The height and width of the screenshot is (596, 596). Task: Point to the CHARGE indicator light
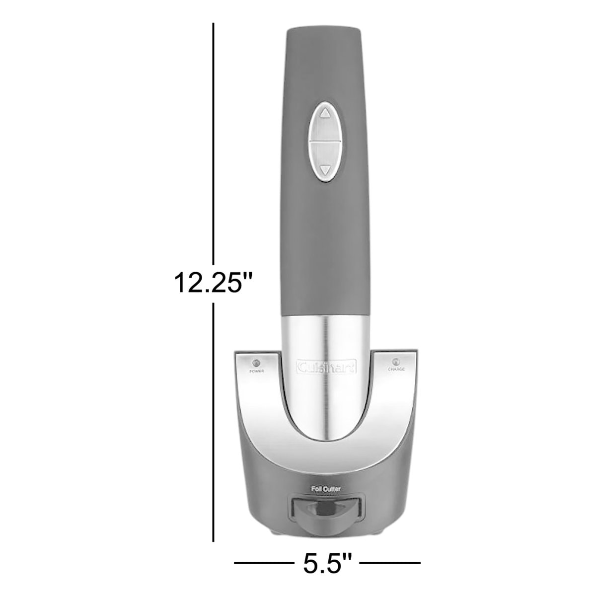(x=396, y=362)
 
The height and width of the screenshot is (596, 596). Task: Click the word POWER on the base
(x=257, y=371)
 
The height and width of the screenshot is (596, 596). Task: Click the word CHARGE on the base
(x=396, y=370)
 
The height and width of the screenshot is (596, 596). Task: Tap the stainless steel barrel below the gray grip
(x=325, y=338)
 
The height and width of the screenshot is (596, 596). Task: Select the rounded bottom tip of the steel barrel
(x=325, y=435)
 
